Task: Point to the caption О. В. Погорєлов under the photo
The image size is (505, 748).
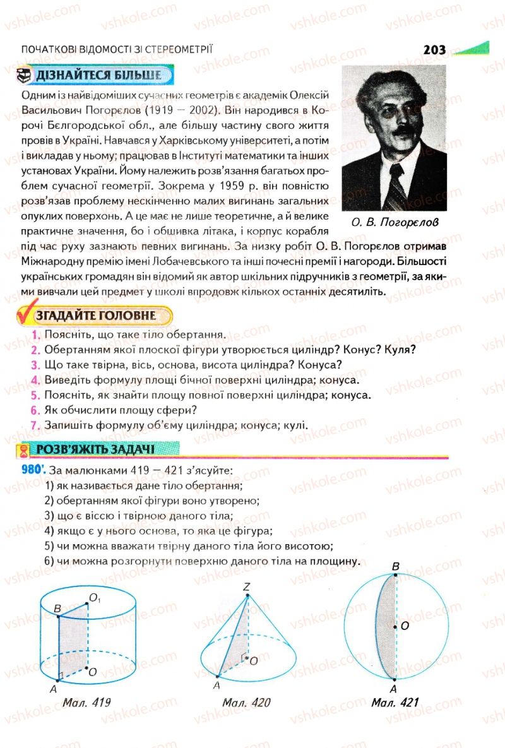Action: pos(394,222)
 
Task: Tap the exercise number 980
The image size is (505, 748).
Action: pos(32,470)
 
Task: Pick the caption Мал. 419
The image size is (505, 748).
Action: pos(87,702)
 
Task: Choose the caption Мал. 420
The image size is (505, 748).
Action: pos(246,702)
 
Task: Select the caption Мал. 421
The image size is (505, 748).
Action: pos(395,702)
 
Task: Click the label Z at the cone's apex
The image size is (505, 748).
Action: pos(247,587)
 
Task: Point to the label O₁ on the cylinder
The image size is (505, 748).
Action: pos(96,597)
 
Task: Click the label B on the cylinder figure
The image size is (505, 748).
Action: pos(57,608)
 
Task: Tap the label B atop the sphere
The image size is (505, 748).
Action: pos(396,567)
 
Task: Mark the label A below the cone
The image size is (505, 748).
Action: pos(217,686)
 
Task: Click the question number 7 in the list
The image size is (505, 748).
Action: pos(36,425)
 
